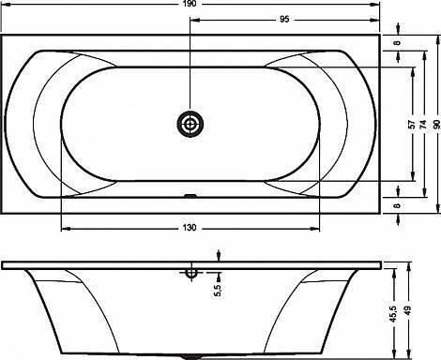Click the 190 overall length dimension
[190, 4]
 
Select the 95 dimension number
[284, 20]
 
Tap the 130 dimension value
[190, 228]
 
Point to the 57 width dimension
[413, 125]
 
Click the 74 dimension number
[423, 125]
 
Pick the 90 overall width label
[437, 125]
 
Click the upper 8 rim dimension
[397, 42]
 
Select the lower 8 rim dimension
[397, 205]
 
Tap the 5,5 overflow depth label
[218, 290]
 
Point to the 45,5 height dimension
[393, 314]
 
